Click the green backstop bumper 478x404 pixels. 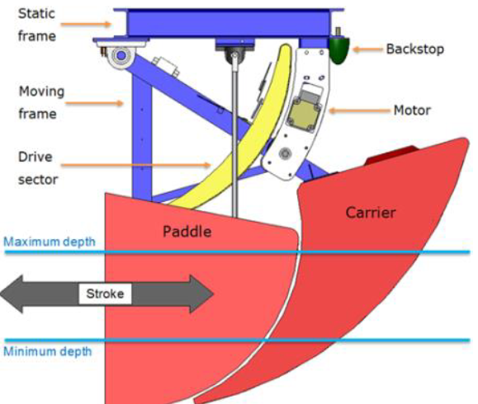click(339, 49)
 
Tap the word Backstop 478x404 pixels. click(415, 49)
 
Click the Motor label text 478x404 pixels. click(412, 110)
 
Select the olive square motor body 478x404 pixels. click(303, 114)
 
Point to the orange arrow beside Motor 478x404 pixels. click(360, 110)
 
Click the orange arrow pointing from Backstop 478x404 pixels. click(367, 49)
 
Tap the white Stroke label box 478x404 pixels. click(105, 294)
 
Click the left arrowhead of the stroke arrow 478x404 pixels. click(12, 294)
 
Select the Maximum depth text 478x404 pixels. click(50, 242)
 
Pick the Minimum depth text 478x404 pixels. click(48, 351)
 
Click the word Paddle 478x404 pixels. click(187, 232)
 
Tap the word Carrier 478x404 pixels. click(371, 212)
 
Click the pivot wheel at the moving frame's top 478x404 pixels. click(121, 56)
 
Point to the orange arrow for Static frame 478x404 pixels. click(86, 25)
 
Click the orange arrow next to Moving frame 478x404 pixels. click(94, 104)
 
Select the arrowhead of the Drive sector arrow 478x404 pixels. click(207, 166)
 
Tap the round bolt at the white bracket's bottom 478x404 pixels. click(286, 153)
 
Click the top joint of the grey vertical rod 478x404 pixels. click(234, 55)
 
